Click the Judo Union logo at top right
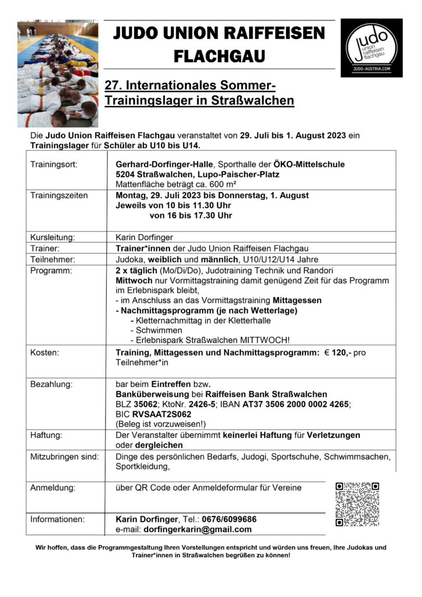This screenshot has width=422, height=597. (371, 48)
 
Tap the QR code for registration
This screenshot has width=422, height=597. (358, 504)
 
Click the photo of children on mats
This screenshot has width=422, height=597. (58, 74)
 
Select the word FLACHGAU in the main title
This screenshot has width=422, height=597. (219, 56)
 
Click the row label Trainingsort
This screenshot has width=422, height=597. (53, 164)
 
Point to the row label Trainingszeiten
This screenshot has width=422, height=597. (59, 195)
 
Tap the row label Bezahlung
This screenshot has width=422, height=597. (51, 385)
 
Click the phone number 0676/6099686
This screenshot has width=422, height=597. (228, 519)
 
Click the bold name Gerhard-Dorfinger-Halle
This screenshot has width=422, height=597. (164, 164)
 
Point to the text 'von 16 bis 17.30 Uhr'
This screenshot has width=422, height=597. (191, 215)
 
